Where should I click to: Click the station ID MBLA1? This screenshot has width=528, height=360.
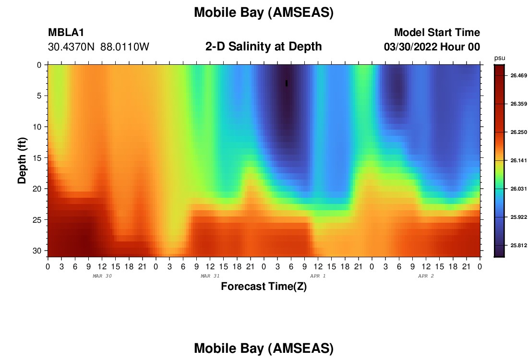coord(66,32)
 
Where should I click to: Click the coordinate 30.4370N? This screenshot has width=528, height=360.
coord(72,47)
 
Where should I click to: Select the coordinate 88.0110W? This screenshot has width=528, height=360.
coord(125,47)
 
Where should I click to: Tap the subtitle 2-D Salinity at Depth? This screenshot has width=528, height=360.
coord(264,47)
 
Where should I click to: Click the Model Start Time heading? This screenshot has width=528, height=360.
coord(437,32)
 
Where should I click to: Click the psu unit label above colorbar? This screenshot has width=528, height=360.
coord(500,58)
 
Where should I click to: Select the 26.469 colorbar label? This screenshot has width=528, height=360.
coord(518,75)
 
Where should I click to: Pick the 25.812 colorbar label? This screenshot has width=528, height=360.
coord(518,245)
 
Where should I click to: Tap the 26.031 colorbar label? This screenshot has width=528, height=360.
coord(518,189)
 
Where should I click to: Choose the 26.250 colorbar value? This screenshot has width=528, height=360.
coord(518,132)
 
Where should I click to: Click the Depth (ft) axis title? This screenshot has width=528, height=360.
coord(22,161)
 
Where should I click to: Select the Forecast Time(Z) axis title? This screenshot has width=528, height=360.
coord(264,287)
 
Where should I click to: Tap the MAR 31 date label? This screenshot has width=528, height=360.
coord(210,276)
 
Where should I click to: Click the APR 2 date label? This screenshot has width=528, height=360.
coord(426,276)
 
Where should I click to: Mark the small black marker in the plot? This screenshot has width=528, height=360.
coord(287,83)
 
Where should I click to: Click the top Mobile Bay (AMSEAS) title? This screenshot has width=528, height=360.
coord(264,12)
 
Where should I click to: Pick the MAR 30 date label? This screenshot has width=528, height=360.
coord(102,276)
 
